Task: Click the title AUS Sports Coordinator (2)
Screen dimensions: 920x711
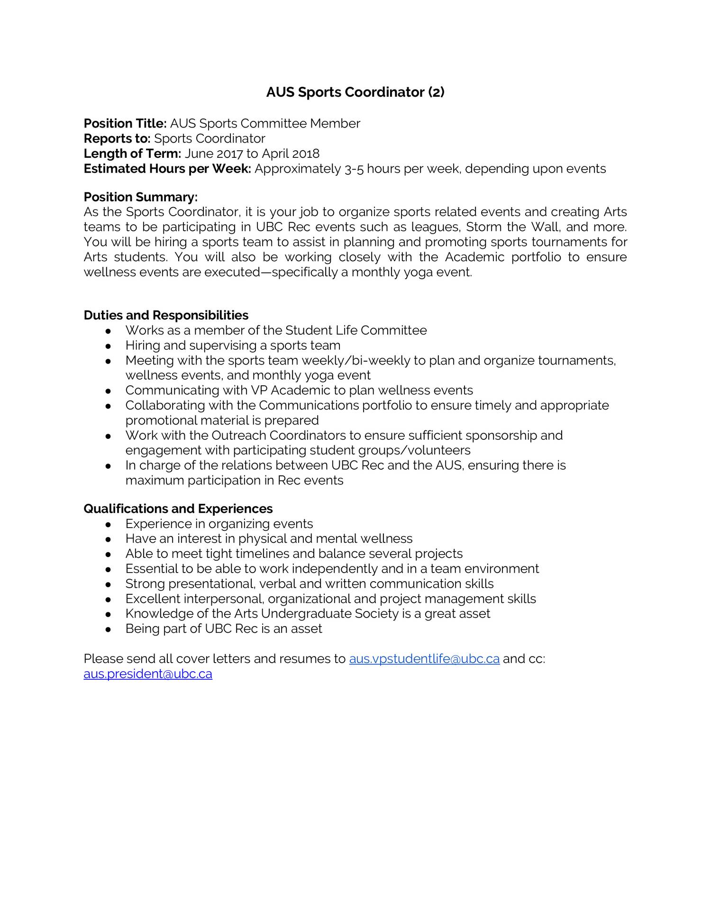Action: [x=355, y=92]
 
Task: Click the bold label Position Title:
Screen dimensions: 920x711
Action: [x=125, y=124]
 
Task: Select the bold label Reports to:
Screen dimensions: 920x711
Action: [x=117, y=139]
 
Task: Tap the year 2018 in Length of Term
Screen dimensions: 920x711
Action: [x=306, y=154]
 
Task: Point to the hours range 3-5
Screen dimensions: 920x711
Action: [x=354, y=169]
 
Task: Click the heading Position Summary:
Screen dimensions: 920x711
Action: [x=140, y=197]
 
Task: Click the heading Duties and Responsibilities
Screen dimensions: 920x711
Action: [x=166, y=315]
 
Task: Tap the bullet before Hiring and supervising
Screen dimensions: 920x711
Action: [x=109, y=346]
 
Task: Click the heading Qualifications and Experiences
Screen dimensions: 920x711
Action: [x=178, y=509]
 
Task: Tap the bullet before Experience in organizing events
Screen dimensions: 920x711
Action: [x=109, y=525]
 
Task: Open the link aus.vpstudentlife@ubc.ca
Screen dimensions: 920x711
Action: [x=424, y=659]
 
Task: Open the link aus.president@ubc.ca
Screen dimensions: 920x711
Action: [x=148, y=674]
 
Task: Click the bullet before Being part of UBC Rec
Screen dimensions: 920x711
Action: [x=109, y=629]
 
